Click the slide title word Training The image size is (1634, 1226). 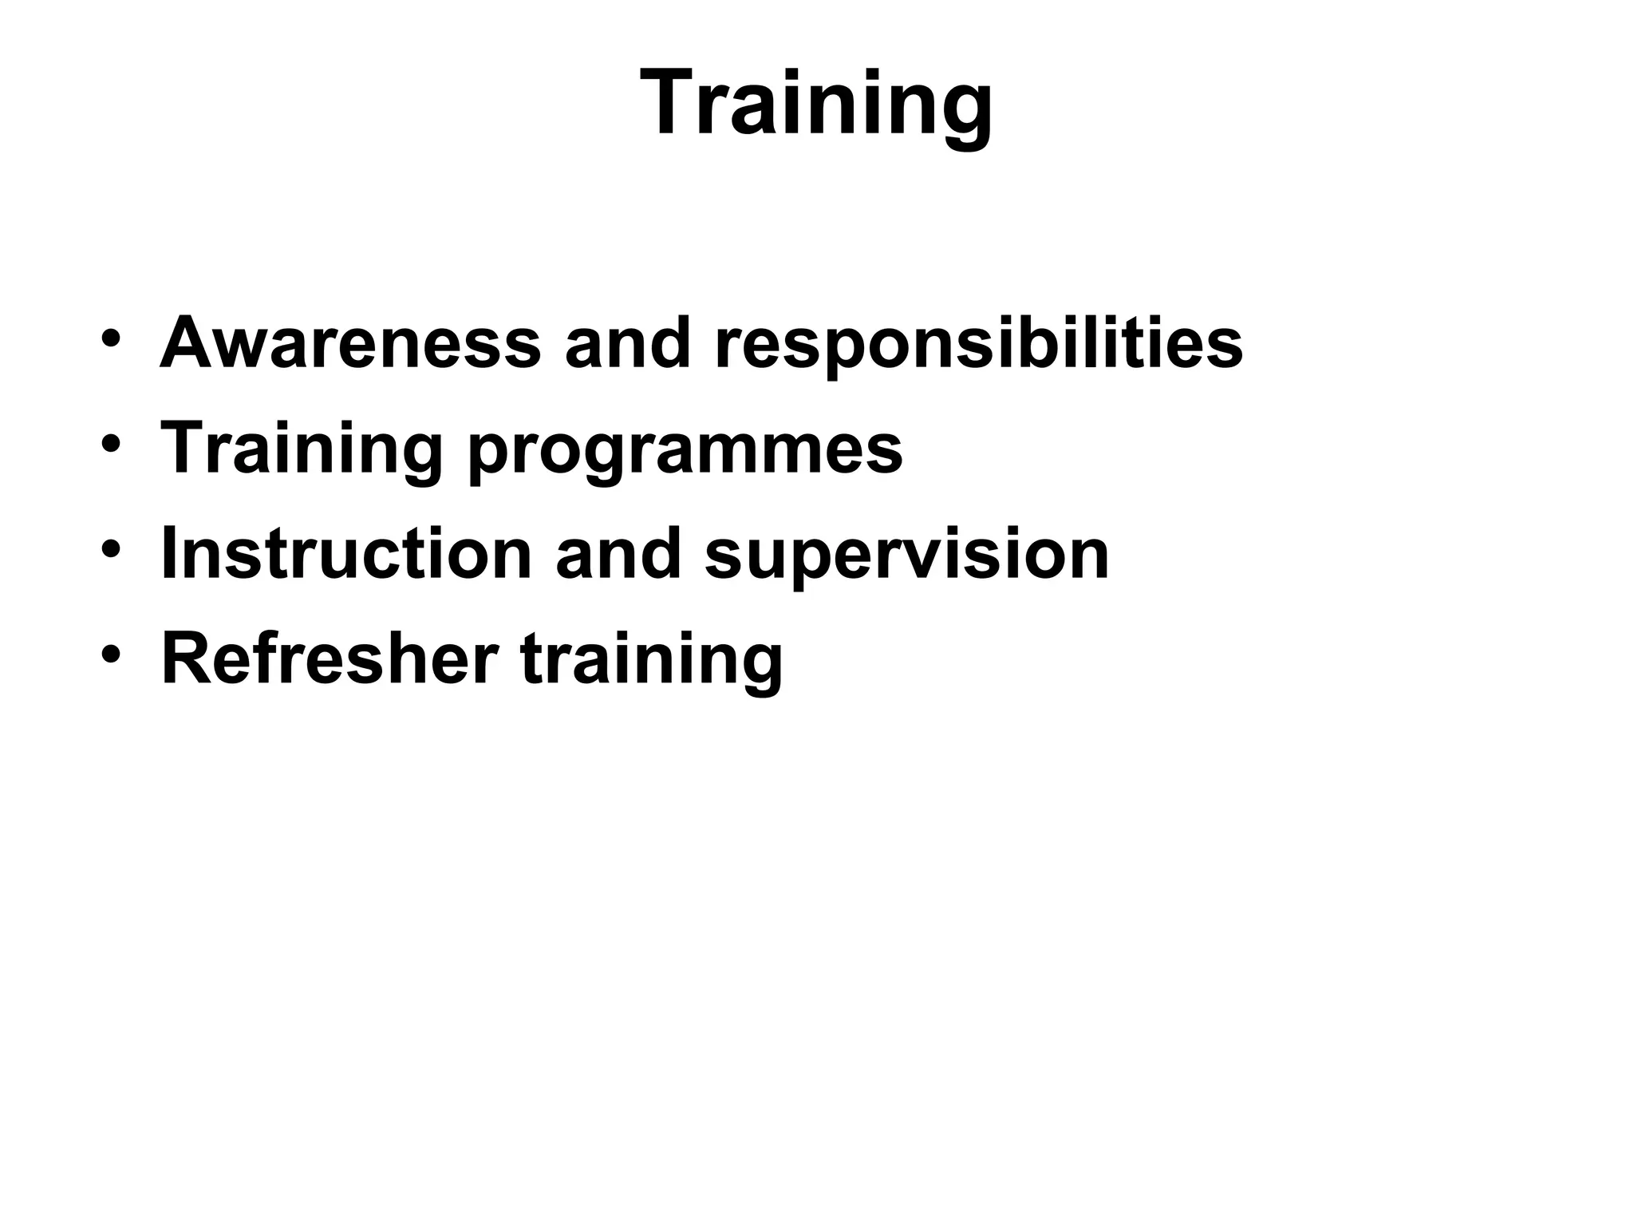pyautogui.click(x=816, y=104)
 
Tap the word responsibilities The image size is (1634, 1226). pyautogui.click(x=978, y=345)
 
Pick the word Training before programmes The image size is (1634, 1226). pyautogui.click(x=302, y=449)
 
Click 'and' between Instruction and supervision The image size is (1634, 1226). pyautogui.click(x=618, y=554)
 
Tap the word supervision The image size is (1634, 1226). pyautogui.click(x=906, y=556)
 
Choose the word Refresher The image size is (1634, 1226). pyautogui.click(x=330, y=659)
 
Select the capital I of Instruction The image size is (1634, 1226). pyautogui.click(x=168, y=554)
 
